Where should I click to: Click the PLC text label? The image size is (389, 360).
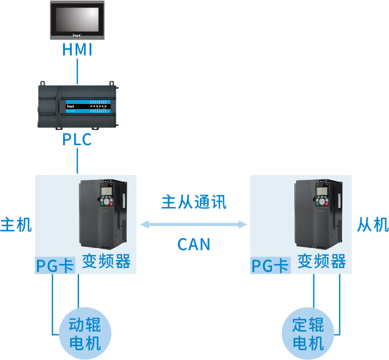click(77, 140)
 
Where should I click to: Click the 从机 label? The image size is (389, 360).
click(373, 225)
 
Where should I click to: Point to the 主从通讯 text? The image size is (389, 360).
click(193, 202)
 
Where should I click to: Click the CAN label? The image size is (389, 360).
click(194, 244)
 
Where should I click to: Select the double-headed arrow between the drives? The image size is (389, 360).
click(194, 224)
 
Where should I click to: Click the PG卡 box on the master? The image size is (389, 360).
click(55, 265)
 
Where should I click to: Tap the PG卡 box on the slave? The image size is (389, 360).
click(270, 265)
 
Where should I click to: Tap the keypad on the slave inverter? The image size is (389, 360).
click(321, 201)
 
